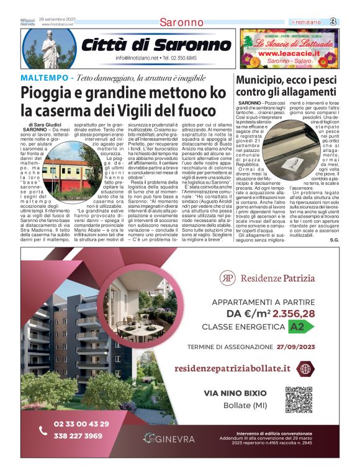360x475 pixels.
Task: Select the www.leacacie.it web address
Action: pos(286,53)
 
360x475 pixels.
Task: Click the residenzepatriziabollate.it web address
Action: pos(232,368)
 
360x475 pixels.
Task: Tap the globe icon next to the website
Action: pos(305,368)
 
